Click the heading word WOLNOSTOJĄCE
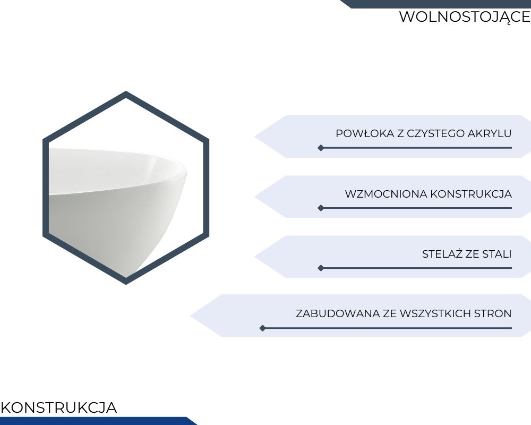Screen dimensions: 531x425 465,17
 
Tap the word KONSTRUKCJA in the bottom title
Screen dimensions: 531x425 59,407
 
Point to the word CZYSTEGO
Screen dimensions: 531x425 435,133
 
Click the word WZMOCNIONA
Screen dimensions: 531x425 386,194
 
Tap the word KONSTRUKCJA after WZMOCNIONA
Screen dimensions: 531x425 471,194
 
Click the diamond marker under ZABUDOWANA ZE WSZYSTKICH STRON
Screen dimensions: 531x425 262,328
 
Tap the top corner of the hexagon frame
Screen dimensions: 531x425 126,91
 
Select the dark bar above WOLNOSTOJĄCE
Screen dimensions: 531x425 435,4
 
